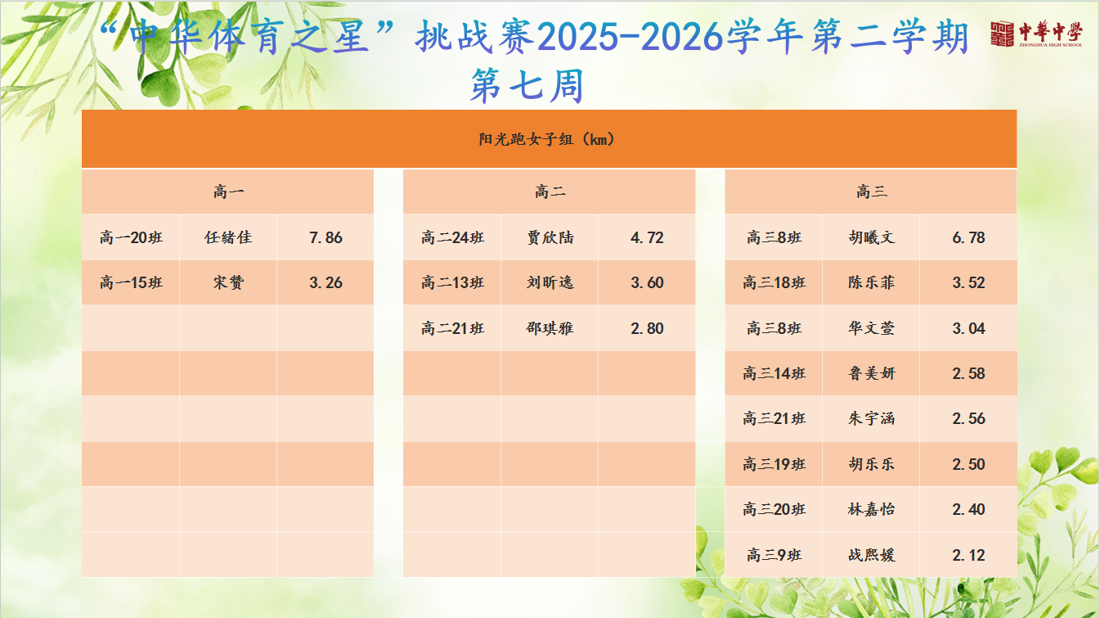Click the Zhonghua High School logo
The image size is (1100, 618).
(1036, 34)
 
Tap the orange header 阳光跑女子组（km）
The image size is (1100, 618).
(547, 140)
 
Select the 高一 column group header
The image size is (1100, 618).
(228, 192)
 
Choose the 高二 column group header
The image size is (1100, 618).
(550, 192)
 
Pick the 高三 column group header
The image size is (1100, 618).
(872, 192)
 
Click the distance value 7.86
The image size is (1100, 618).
(326, 238)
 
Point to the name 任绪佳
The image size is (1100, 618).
(228, 238)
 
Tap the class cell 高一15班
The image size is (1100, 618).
(131, 282)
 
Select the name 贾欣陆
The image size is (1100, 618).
(550, 238)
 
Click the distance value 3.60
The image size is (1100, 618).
(647, 282)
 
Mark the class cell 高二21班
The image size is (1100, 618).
(453, 328)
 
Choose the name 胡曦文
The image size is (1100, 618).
(872, 238)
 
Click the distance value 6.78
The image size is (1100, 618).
(969, 238)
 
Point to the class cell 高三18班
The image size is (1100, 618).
(774, 282)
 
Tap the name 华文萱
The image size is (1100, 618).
(872, 328)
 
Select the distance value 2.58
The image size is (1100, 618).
(969, 373)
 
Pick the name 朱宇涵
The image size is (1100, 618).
(872, 419)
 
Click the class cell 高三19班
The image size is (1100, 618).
(774, 464)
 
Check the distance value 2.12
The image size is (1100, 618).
(969, 556)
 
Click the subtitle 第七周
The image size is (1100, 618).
(527, 86)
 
